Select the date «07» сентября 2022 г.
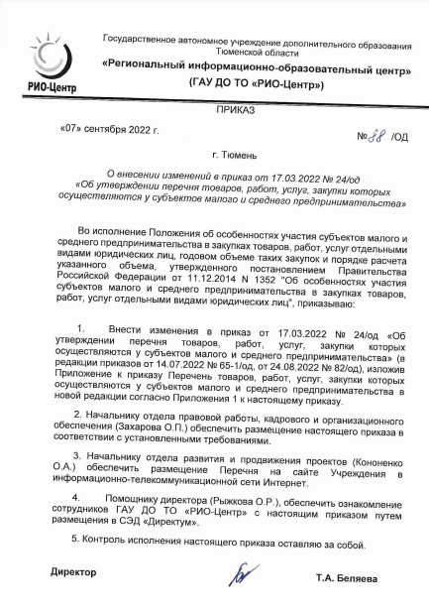coord(108,130)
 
